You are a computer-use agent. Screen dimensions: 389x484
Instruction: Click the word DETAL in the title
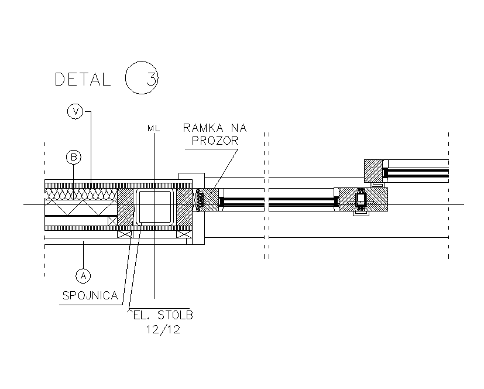tap(83, 79)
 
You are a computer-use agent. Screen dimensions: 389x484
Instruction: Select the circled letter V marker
tap(74, 111)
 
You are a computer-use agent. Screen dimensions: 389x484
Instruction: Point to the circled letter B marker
tap(73, 157)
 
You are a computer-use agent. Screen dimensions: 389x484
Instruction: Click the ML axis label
tap(154, 127)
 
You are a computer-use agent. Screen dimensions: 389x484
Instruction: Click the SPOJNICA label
tap(90, 296)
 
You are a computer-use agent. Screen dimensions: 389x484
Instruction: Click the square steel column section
tap(155, 207)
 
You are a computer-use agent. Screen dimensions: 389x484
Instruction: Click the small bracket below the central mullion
tap(361, 216)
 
